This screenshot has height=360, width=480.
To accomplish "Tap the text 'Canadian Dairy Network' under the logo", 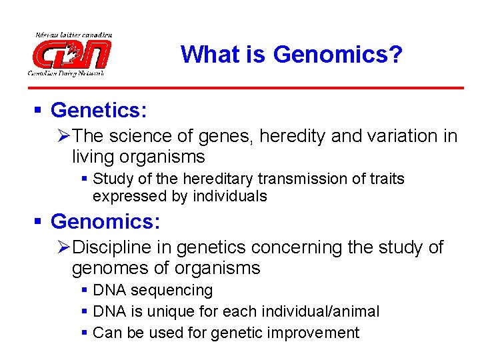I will pyautogui.click(x=65, y=73).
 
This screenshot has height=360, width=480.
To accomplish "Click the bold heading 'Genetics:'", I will pyautogui.click(x=99, y=109).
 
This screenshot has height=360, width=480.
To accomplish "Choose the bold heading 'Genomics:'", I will pyautogui.click(x=103, y=221).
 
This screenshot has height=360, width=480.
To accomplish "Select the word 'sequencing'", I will pyautogui.click(x=172, y=291).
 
